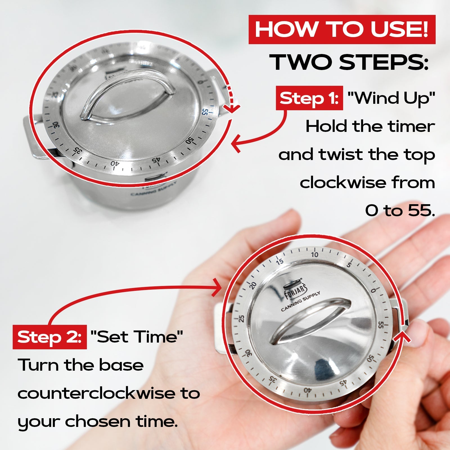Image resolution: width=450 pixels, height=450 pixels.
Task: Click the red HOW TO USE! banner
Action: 342,30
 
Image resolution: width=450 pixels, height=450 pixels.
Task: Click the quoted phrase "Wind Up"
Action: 391,98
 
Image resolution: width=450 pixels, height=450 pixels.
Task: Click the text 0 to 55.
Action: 398,210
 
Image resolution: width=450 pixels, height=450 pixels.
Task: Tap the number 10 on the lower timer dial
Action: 314,255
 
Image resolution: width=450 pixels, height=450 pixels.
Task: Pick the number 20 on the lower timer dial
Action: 253,285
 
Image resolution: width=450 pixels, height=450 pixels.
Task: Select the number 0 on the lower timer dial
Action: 373,291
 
